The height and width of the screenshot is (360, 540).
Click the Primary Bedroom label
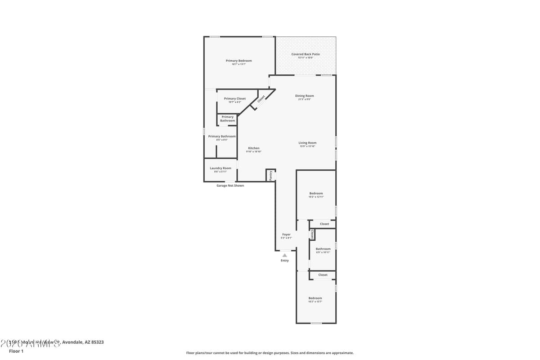pos(238,61)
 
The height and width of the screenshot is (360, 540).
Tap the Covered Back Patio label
pos(306,54)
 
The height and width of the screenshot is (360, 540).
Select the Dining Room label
pos(305,96)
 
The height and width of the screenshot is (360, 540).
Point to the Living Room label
pos(307,143)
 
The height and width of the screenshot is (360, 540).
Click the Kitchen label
pos(254,148)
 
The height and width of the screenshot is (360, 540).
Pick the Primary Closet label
pos(235,99)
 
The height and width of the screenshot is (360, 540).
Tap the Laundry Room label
pos(220,168)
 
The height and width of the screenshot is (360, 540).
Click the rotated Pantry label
pos(270,175)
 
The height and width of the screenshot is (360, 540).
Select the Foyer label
pos(286,234)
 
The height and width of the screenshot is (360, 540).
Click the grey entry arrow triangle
pos(284,255)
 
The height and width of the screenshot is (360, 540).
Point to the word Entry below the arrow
pos(285,261)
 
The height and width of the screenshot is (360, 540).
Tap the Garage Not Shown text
pos(230,185)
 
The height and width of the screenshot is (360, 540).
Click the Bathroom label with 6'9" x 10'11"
pos(323,249)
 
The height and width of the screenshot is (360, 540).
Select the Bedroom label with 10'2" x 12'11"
pos(316,193)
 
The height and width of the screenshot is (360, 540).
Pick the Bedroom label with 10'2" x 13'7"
pos(315,298)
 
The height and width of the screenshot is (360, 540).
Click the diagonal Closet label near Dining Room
pos(261,99)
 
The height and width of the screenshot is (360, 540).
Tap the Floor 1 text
pos(16,351)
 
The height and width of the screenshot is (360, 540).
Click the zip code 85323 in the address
pos(97,342)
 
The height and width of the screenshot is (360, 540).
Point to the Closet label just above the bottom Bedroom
pos(323,275)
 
